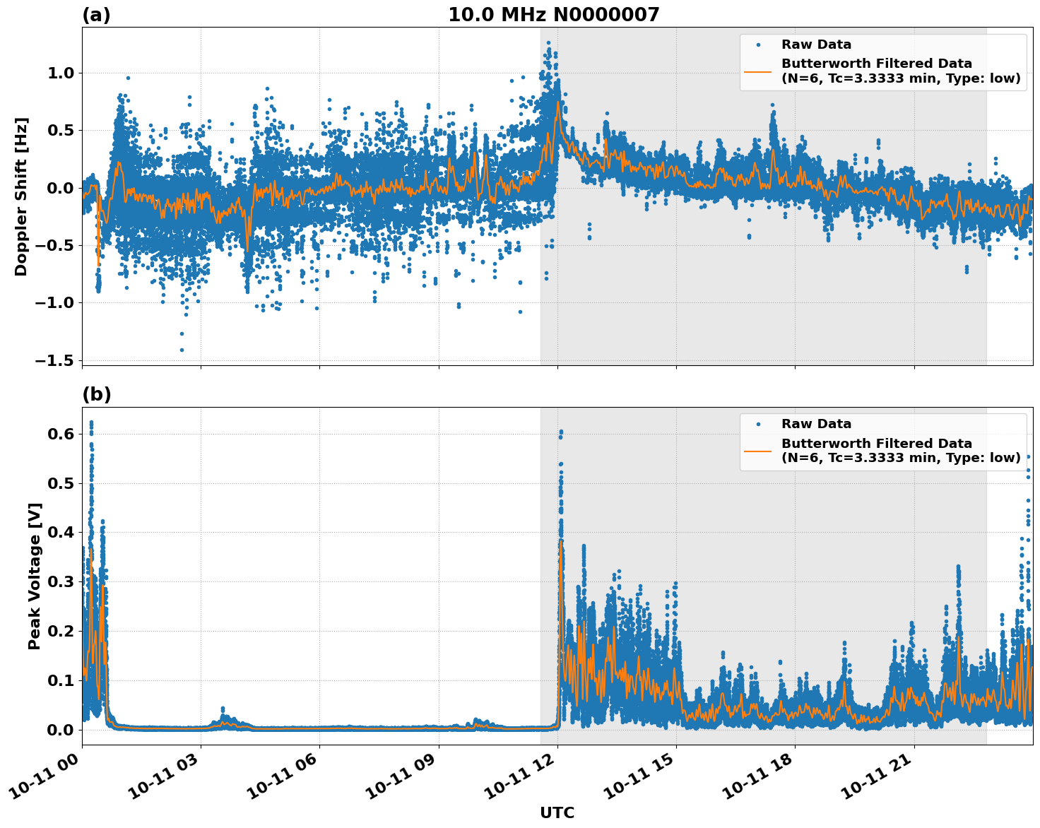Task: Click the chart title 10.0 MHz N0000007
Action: point(553,15)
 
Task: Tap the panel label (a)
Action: point(96,15)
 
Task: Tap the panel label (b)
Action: point(96,394)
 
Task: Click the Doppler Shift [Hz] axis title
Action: point(21,196)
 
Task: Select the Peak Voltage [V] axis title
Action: point(35,576)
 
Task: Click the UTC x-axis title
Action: point(557,812)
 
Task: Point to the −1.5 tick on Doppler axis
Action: point(56,360)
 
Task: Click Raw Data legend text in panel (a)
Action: point(816,45)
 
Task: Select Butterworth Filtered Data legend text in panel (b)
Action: point(876,444)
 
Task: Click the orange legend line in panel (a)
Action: point(757,71)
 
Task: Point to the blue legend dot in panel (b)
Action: point(757,424)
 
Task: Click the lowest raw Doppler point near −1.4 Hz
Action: point(182,350)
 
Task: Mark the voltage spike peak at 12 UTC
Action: point(561,431)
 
